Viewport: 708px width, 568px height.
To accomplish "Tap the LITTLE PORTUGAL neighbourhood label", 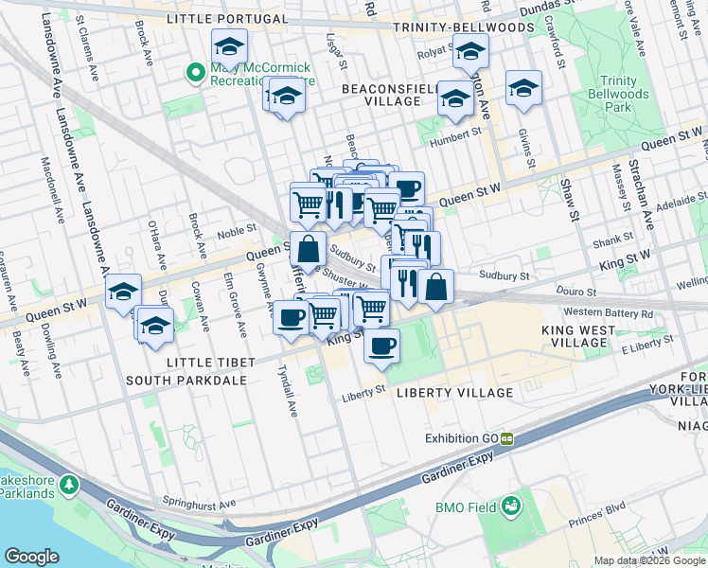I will click(x=226, y=19).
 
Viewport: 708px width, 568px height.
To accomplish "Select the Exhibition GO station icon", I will click(x=507, y=438).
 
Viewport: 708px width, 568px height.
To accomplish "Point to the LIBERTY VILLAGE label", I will click(x=454, y=392).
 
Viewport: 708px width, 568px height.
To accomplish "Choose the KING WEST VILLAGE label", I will click(x=578, y=339).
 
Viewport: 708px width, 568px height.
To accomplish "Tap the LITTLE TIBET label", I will click(x=210, y=364).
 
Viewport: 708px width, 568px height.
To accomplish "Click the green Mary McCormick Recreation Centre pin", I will click(x=197, y=71).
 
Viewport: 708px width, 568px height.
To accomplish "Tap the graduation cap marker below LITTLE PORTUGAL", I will click(x=229, y=45).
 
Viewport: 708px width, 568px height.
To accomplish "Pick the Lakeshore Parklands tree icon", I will click(x=68, y=485).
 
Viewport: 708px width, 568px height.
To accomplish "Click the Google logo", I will click(x=32, y=557).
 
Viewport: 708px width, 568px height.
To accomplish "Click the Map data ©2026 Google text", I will click(x=648, y=560).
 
